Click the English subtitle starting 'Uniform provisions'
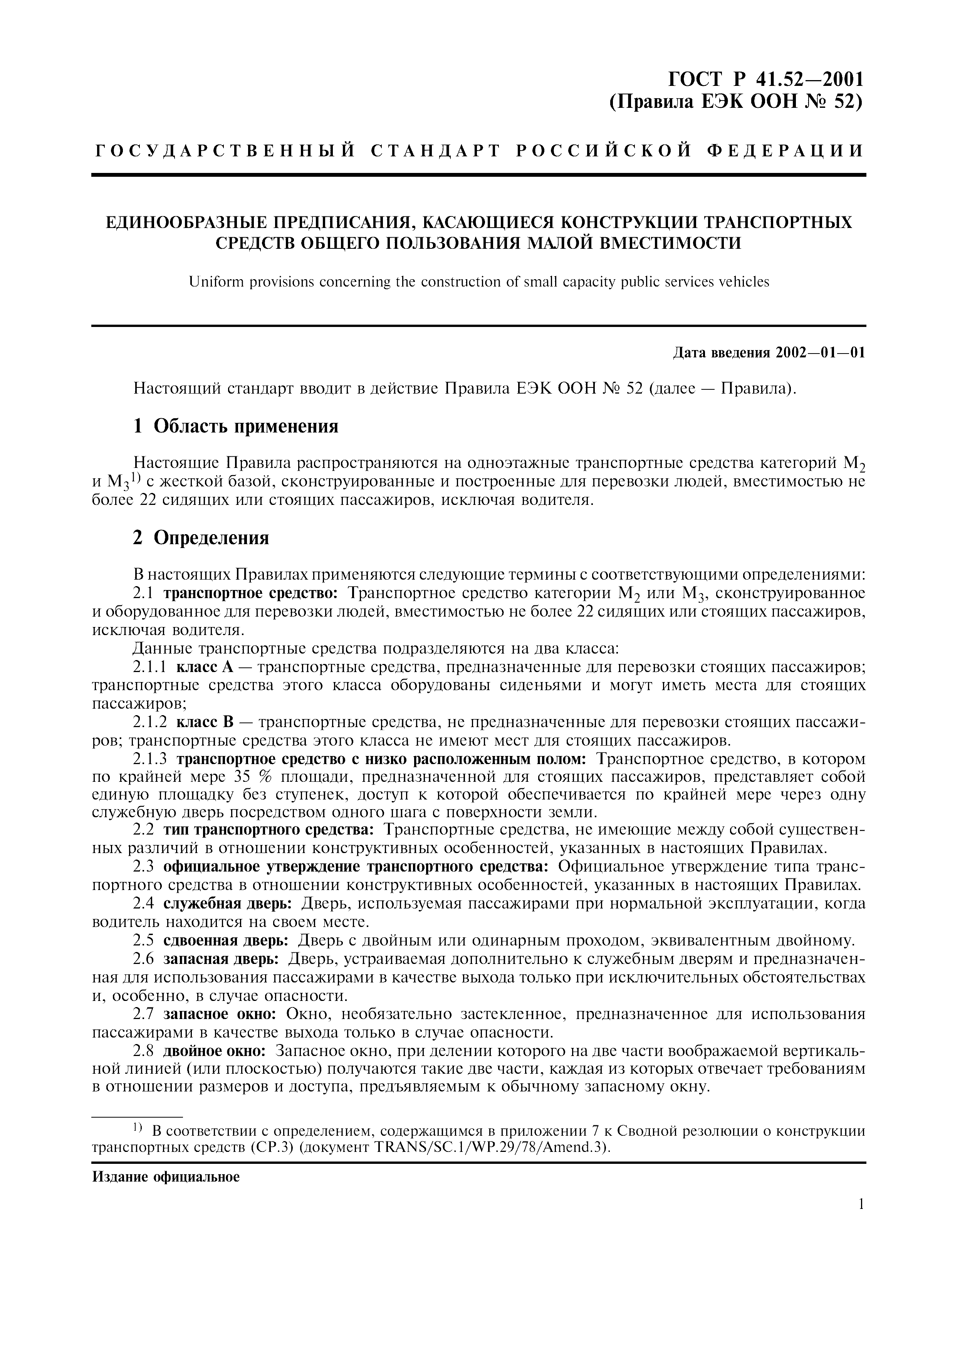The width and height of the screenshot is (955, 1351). tap(478, 282)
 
